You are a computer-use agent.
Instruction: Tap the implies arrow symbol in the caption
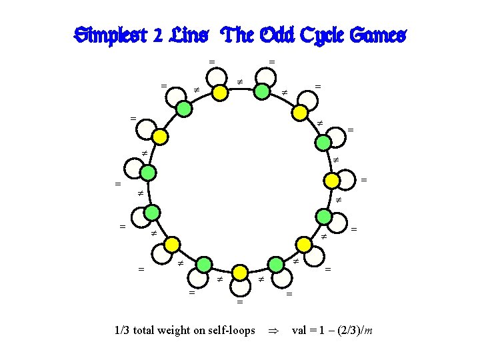271,331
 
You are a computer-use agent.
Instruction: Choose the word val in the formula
299,330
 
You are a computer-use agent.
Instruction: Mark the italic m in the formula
368,331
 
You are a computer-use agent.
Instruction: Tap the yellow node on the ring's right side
331,180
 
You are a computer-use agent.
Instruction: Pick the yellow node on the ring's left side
159,137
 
